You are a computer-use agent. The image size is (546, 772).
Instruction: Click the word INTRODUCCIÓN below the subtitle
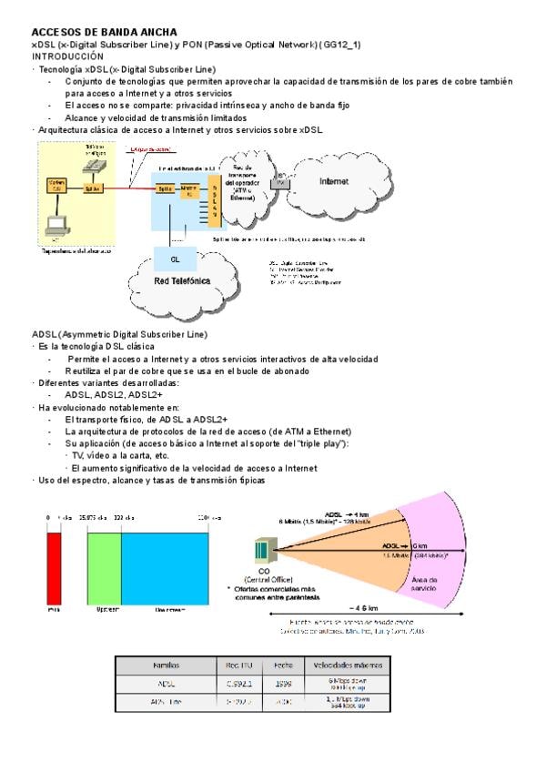[x=67, y=56]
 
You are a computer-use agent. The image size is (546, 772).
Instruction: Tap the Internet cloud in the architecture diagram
[x=334, y=181]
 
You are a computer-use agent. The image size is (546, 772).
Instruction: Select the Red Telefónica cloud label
[x=183, y=280]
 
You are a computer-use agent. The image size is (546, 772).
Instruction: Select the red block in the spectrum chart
[x=54, y=565]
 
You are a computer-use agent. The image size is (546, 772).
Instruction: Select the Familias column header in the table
[x=167, y=665]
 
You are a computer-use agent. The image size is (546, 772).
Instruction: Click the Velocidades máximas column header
[x=344, y=665]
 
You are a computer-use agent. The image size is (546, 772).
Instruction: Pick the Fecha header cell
[x=282, y=665]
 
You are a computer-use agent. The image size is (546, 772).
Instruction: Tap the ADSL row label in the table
[x=167, y=682]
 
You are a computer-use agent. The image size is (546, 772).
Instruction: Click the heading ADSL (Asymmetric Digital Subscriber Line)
[x=119, y=334]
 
